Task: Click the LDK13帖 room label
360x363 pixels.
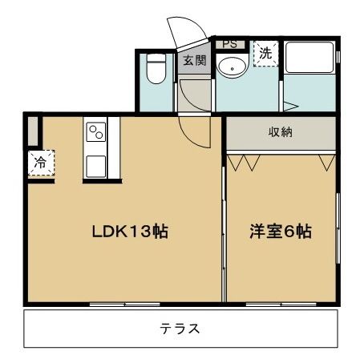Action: (x=128, y=232)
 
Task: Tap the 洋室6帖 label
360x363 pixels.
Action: (x=280, y=232)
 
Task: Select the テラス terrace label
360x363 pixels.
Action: (x=180, y=329)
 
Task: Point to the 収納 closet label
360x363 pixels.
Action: (x=280, y=132)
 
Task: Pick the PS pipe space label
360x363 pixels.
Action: (x=229, y=43)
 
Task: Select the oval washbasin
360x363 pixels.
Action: (x=233, y=67)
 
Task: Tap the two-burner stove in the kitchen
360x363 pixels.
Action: (x=97, y=131)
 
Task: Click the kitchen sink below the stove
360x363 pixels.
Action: (x=97, y=167)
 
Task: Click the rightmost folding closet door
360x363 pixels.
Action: (x=326, y=163)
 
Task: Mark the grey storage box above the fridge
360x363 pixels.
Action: (x=32, y=131)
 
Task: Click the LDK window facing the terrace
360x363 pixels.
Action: (x=124, y=304)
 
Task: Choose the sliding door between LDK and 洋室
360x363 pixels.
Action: (x=223, y=232)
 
